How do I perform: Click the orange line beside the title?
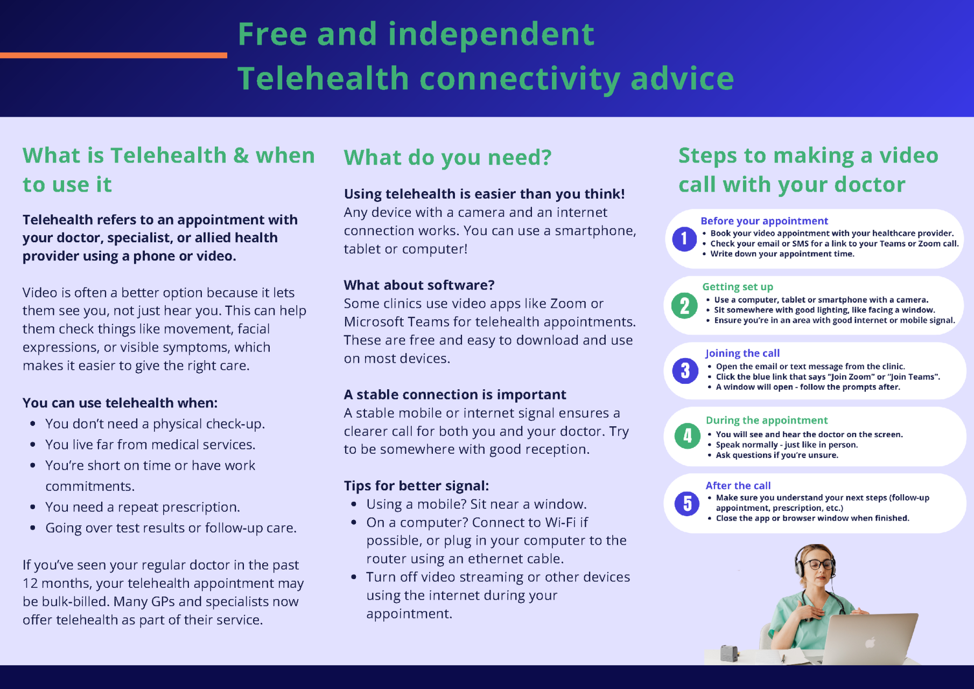113,55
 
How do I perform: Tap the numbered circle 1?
684,238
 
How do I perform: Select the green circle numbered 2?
684,306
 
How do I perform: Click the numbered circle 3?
685,371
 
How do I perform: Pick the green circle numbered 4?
688,436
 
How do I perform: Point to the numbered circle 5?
688,503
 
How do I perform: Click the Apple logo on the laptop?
870,642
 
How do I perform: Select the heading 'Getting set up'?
738,287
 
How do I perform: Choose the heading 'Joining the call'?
742,353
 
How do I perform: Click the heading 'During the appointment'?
767,420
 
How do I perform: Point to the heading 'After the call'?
738,486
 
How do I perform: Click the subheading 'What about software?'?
419,285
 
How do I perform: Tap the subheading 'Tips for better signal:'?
416,486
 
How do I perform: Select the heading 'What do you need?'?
447,158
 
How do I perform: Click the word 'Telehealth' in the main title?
323,78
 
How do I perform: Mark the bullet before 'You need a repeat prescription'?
33,507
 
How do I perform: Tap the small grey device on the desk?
729,653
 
